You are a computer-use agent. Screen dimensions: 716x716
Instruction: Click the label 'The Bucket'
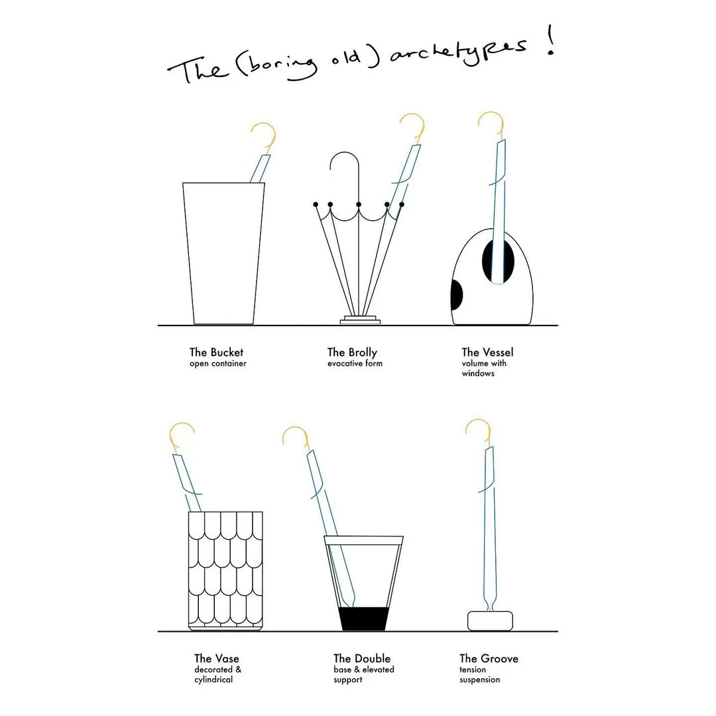(216, 352)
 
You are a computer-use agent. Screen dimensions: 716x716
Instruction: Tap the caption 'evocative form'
(355, 363)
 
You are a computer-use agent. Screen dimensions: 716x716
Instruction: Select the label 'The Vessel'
(487, 352)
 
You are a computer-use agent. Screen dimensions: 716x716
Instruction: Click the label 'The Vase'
(216, 658)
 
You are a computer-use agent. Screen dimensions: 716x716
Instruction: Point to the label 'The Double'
(362, 658)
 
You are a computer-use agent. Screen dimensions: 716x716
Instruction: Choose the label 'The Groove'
(489, 658)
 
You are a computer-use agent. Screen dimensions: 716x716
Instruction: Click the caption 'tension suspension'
(479, 674)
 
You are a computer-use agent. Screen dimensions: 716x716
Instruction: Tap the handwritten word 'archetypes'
(459, 52)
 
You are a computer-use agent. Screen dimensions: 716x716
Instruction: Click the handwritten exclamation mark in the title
(551, 40)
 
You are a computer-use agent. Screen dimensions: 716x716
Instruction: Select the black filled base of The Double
(363, 619)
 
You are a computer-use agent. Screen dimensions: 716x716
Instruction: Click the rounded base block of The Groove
(490, 621)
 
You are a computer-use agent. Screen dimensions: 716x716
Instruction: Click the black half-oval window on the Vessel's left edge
(456, 294)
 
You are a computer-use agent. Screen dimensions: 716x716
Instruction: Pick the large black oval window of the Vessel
(498, 261)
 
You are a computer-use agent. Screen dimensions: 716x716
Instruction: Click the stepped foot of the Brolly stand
(360, 320)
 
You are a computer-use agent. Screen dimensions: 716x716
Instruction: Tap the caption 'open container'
(218, 363)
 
